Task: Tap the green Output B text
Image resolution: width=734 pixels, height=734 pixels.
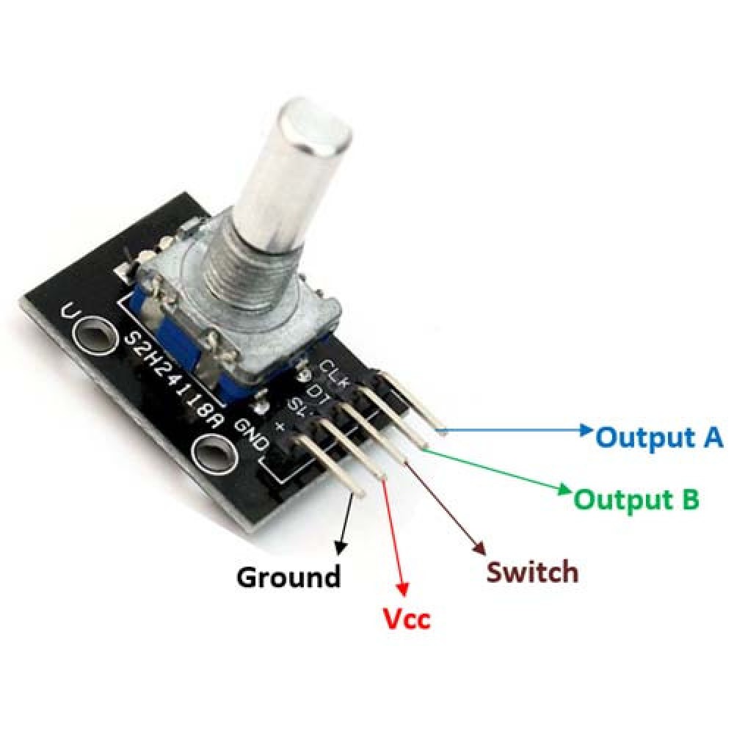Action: coord(636,500)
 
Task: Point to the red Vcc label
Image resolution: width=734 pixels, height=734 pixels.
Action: coord(407,619)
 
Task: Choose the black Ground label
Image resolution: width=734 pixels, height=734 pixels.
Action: coord(288,577)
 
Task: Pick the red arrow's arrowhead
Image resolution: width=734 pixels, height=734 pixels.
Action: coord(401,586)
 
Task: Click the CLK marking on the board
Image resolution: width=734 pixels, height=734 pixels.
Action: coord(333,370)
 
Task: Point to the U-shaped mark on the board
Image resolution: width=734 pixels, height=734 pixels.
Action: coord(70,311)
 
